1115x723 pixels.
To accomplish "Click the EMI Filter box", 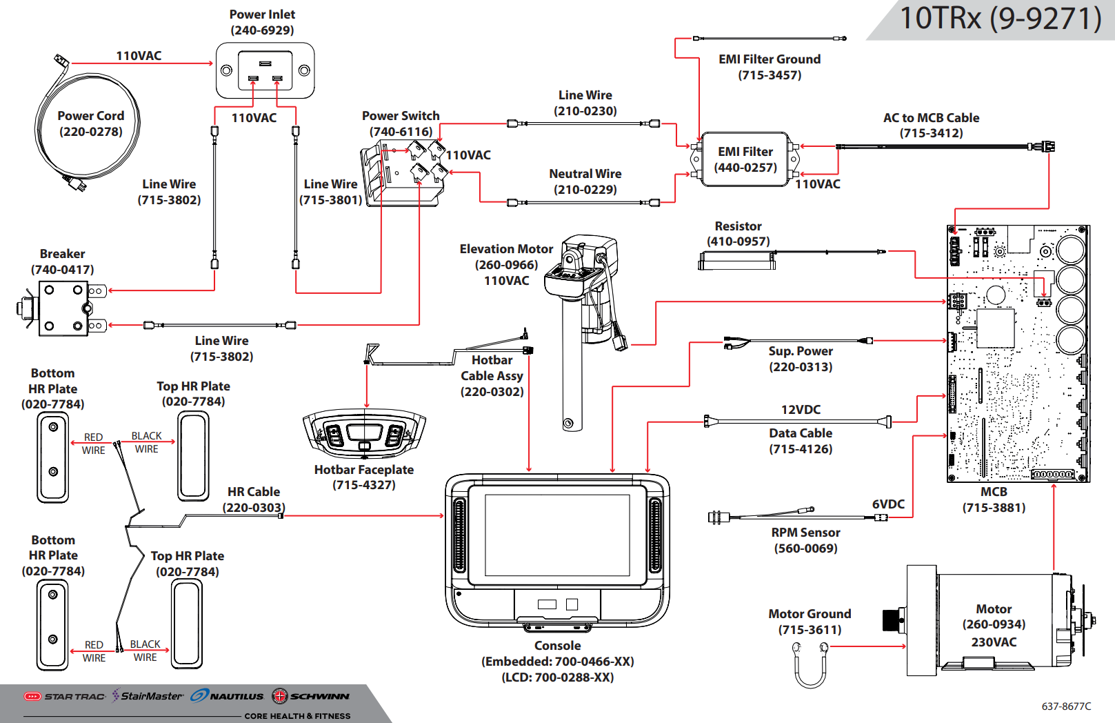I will (745, 159).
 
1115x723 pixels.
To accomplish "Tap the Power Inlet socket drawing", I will (265, 70).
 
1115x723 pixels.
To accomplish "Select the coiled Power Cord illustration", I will (87, 124).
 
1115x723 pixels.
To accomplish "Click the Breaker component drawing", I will (63, 308).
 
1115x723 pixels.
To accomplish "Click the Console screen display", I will (557, 535).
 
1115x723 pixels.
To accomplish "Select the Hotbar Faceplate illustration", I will (364, 434).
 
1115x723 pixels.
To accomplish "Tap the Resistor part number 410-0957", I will (738, 241).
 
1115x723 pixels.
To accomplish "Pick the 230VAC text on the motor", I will (994, 642).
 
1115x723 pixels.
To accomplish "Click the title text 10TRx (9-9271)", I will (1000, 19).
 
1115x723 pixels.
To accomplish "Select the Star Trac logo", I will (65, 696).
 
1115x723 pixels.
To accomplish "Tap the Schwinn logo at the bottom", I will (311, 696).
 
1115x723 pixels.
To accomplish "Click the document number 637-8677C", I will (1066, 706).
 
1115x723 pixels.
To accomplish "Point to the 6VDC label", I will (888, 504).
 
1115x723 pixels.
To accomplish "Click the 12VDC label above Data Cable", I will (801, 410).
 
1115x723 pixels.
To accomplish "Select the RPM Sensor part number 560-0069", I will (805, 548).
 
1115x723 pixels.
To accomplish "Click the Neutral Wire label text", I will (585, 174).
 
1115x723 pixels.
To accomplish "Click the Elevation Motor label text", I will (506, 249).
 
